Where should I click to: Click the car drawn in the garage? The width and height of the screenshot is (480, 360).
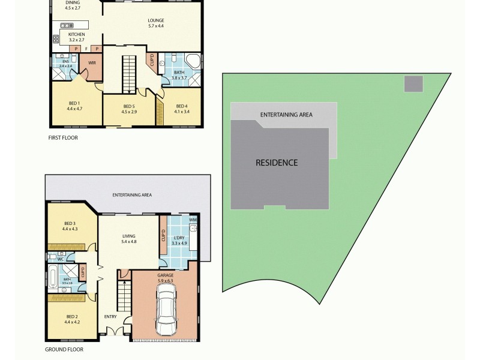166,310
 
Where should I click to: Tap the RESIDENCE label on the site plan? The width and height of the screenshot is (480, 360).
277,163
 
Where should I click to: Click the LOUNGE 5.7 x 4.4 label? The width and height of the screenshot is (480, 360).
156,23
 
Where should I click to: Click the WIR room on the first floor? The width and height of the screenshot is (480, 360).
93,62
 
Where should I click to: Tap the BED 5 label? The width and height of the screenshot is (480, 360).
130,109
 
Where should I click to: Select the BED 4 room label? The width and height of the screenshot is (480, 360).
182,109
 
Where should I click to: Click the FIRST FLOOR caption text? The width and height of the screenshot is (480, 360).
63,137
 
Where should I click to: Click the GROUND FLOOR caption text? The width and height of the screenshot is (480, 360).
64,349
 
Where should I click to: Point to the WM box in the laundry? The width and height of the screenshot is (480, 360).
193,220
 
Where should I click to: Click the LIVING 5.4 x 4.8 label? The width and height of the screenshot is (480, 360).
129,239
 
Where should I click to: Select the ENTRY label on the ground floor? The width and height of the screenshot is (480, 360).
110,316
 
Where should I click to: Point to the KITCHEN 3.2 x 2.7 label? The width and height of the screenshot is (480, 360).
76,37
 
